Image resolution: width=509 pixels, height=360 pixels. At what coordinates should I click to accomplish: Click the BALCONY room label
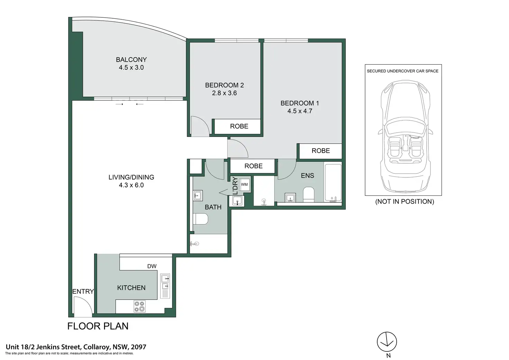point(131,59)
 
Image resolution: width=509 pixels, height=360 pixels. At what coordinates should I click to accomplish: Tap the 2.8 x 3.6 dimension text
point(224,93)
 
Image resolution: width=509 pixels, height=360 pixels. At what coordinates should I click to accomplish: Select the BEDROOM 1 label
point(300,103)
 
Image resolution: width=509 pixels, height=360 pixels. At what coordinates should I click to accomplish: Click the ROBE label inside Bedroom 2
point(239,126)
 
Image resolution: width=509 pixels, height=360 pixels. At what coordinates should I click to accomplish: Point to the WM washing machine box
point(244,184)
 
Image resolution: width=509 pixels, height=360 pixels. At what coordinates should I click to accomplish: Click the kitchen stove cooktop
point(139,306)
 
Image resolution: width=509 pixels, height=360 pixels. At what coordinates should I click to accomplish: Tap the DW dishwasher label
point(152,266)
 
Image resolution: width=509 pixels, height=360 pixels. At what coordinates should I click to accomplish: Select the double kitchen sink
point(165,286)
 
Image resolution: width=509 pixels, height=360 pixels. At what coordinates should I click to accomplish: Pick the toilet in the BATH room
point(201,219)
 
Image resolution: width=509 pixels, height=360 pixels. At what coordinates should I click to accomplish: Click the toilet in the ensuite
point(308,195)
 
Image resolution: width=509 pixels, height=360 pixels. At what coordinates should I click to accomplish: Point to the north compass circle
point(387,342)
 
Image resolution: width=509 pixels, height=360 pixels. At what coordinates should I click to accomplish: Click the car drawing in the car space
point(405,136)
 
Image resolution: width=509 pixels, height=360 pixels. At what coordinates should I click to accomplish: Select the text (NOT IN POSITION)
point(405,202)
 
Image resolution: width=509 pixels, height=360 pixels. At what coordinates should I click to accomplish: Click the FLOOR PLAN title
point(98,326)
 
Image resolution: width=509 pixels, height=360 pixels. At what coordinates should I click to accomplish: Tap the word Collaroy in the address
point(97,347)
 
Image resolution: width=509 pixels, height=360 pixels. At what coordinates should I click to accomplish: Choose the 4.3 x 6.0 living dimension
point(131,185)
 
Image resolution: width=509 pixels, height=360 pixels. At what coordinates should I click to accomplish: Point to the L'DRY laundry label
point(235,186)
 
